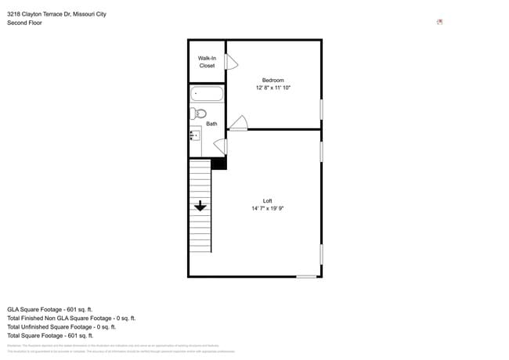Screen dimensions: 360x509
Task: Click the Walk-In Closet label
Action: tap(207, 62)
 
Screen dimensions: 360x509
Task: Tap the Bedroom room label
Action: tap(273, 81)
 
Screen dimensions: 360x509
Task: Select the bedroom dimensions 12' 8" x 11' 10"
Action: tap(273, 88)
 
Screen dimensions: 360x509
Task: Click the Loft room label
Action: tap(267, 201)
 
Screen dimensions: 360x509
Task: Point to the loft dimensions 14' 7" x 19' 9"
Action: tap(267, 209)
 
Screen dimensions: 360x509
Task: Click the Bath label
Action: tap(211, 124)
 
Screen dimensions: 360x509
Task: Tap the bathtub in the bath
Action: tap(207, 95)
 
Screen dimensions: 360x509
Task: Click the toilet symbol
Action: tap(199, 114)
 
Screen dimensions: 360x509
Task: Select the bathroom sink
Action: tap(195, 135)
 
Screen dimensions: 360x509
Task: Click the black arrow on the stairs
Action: tap(200, 206)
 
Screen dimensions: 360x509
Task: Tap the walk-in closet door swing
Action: tap(232, 62)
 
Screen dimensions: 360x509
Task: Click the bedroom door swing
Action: tap(240, 123)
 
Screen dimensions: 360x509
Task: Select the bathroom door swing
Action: tap(221, 146)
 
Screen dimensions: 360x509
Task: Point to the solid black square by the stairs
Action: tap(219, 163)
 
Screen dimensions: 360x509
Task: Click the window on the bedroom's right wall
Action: tap(321, 109)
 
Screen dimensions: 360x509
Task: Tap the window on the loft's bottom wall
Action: tap(306, 276)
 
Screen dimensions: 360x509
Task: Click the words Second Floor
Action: tap(24, 23)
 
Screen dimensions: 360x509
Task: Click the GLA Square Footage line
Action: tap(50, 309)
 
